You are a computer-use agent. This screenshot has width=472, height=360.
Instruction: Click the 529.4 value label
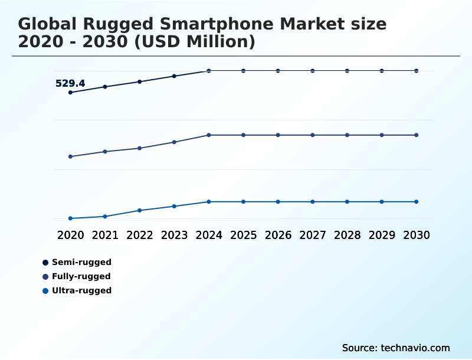coord(70,84)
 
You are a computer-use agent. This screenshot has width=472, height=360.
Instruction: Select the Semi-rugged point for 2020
coord(71,93)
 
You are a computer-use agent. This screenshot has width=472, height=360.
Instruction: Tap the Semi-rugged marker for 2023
coord(174,76)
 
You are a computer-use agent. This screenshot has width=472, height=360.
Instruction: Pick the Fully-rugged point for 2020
coord(71,156)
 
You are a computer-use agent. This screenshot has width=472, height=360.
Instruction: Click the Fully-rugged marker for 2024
coord(209,135)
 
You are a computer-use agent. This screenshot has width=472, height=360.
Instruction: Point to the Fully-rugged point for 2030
coord(416,135)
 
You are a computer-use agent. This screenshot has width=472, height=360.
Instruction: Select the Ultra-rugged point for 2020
coord(71,218)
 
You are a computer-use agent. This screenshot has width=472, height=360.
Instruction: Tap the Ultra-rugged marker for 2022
coord(140,210)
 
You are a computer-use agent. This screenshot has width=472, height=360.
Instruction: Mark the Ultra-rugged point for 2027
coord(313,202)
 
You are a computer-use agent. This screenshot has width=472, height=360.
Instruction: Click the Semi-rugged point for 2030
coord(416,71)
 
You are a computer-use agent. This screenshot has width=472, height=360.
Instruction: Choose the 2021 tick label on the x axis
coord(105,235)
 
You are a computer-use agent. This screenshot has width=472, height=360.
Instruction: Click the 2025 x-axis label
coord(244,235)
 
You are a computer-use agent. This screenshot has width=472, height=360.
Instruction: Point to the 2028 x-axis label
coord(347,235)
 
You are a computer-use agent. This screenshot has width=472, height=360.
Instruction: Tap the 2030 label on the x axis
coord(416,235)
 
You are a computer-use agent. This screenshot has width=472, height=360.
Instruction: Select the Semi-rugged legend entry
coord(81,262)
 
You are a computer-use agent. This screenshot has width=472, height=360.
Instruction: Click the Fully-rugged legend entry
coord(81,276)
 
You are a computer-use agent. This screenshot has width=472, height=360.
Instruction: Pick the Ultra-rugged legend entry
coord(81,290)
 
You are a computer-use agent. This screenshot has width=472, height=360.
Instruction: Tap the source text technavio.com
coord(415,348)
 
